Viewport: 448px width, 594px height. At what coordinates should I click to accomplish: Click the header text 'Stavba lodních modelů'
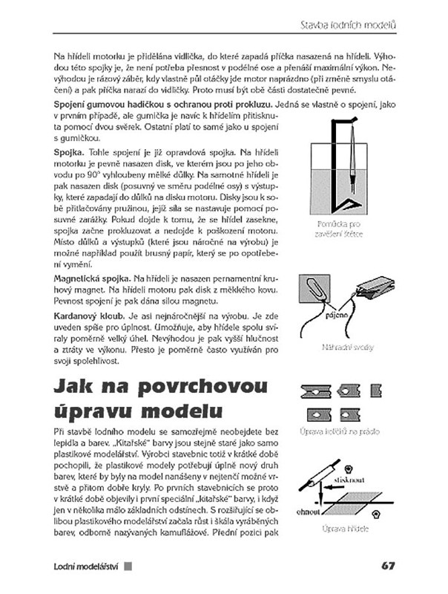(347, 26)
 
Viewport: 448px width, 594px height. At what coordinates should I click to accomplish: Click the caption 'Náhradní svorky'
(343, 347)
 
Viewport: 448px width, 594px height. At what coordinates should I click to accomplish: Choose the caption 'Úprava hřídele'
(343, 529)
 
